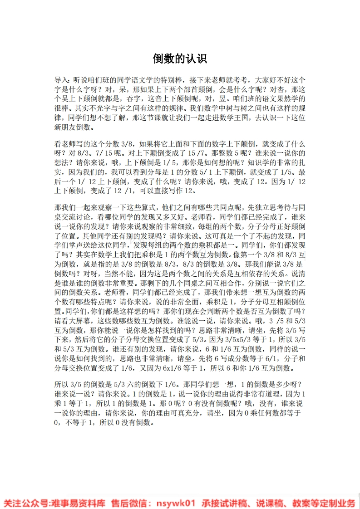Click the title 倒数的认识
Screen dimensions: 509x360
click(x=180, y=59)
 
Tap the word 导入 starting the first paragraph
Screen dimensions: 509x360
click(x=61, y=79)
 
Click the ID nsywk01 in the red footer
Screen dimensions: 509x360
click(x=175, y=503)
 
